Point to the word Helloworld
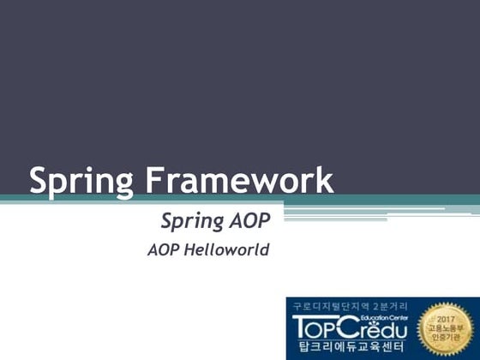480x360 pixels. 227,251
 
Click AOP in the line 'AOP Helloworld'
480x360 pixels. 164,251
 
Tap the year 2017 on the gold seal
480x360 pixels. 446,318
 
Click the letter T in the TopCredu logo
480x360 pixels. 302,327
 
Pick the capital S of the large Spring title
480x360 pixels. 39,181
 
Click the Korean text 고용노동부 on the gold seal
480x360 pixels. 446,328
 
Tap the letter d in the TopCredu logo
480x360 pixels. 389,328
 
